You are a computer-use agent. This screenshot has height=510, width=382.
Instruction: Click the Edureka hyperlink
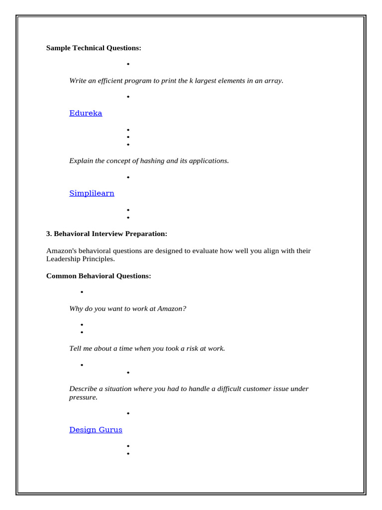click(86, 113)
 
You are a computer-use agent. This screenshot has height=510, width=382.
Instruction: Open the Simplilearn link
click(92, 193)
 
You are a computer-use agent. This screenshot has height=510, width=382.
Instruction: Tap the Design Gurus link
click(95, 429)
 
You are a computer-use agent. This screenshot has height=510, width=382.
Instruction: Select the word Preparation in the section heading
click(147, 234)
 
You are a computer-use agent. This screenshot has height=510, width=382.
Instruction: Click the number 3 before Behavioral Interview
click(48, 234)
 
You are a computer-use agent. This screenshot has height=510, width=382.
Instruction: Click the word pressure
click(83, 397)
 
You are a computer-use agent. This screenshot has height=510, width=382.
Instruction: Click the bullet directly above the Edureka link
click(128, 97)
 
